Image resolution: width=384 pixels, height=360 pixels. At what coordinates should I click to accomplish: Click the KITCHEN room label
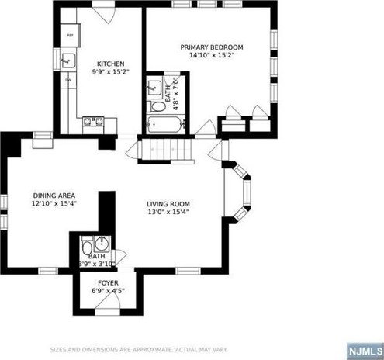(109, 64)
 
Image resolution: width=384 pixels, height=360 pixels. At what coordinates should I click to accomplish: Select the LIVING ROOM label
(168, 205)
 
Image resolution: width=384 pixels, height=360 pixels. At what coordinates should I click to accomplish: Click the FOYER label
(108, 282)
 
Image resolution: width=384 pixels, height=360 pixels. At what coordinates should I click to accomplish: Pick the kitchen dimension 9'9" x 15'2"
(109, 72)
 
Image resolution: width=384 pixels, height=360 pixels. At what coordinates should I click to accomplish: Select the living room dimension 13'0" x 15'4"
(168, 213)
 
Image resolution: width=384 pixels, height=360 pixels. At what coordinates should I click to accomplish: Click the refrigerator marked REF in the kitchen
(69, 36)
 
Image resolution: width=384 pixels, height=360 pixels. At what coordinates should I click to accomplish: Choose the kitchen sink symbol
(68, 59)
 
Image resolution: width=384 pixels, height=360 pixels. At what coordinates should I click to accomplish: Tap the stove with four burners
(94, 120)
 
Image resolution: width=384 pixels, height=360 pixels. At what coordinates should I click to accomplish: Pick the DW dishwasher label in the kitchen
(67, 79)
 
